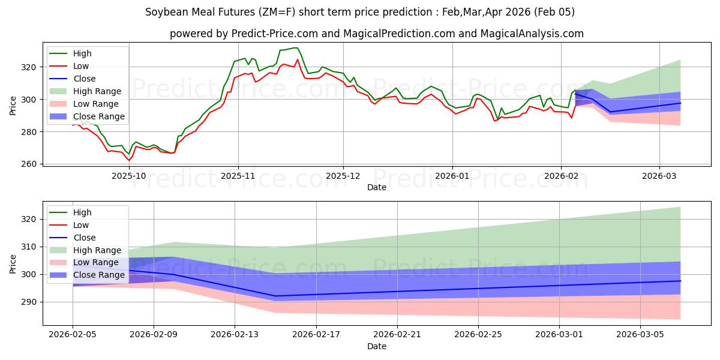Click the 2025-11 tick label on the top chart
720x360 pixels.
tap(238, 176)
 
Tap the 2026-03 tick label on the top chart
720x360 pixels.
tap(659, 176)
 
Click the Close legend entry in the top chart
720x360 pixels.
tap(85, 79)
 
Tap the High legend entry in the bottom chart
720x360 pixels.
tap(82, 212)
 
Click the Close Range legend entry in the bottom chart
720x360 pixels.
tap(99, 275)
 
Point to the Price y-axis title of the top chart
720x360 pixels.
tap(13, 105)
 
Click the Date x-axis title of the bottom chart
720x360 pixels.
tap(377, 347)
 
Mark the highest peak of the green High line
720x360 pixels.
tap(295, 47)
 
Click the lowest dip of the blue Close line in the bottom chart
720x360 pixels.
tap(275, 296)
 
